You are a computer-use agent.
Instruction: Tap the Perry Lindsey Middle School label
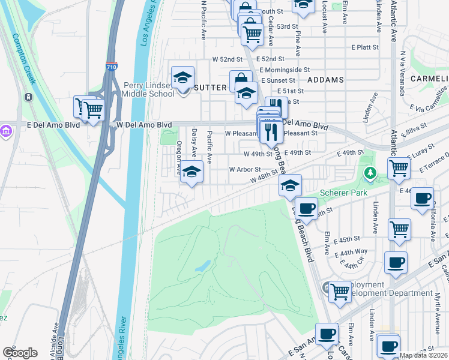coord(149,90)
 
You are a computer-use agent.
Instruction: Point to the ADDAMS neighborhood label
coord(325,80)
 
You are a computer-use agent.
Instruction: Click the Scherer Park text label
coord(342,193)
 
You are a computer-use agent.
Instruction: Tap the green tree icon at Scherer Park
coord(371,173)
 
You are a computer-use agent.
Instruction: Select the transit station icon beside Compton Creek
coord(28,97)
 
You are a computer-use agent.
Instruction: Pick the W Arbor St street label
coord(244,169)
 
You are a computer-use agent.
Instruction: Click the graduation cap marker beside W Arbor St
coord(191,172)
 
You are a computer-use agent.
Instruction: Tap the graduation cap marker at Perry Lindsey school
coord(182,77)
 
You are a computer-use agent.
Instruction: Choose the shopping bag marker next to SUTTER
coord(241,80)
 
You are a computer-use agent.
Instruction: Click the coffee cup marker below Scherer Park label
coord(307,208)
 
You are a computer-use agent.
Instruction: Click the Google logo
coord(20,353)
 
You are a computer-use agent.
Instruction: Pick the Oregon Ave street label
coord(179,158)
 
